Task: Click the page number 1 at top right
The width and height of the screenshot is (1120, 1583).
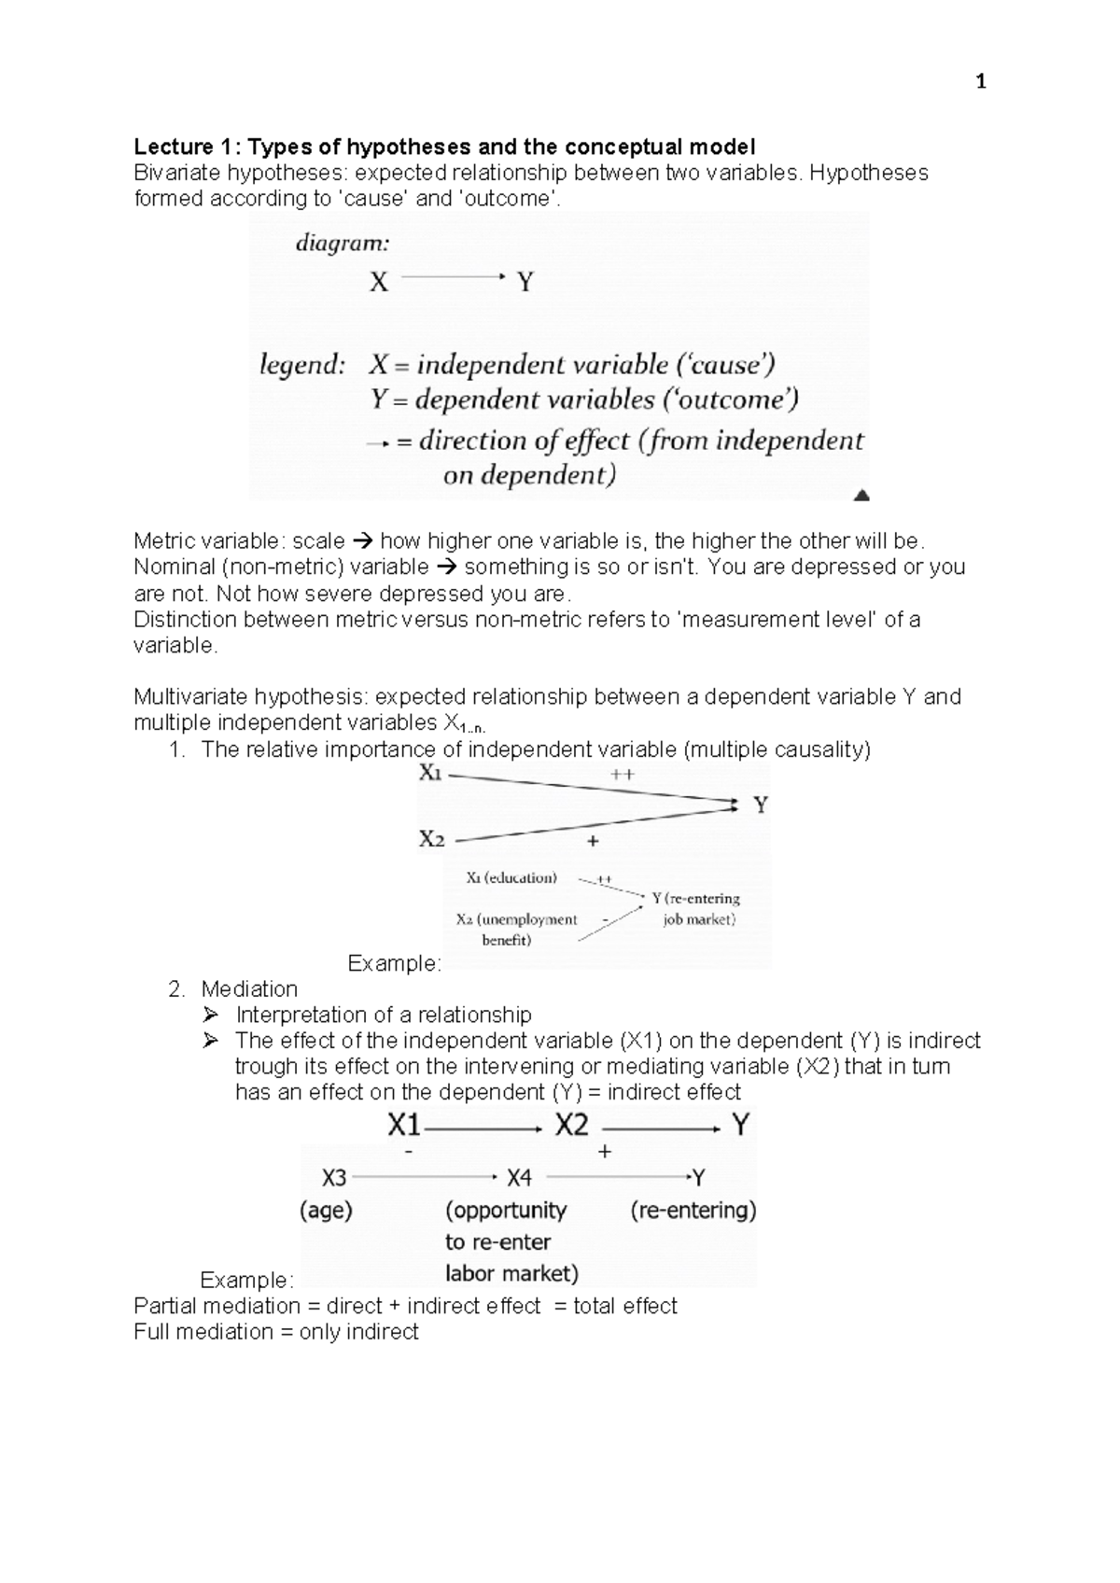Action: point(980,83)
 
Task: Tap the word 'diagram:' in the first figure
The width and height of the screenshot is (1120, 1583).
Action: point(343,244)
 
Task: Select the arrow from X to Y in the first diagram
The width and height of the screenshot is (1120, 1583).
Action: point(453,276)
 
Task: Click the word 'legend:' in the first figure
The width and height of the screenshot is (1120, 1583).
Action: point(301,365)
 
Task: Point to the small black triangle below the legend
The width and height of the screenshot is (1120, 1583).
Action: point(862,495)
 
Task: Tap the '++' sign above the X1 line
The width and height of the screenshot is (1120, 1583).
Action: point(622,774)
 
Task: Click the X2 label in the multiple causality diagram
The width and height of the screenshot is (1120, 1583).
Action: point(431,839)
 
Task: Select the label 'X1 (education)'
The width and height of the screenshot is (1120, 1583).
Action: point(511,877)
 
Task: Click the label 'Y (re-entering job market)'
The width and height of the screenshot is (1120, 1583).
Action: point(697,908)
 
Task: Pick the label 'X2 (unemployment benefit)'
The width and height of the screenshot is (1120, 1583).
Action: point(514,929)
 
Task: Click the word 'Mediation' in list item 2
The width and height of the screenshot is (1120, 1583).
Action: point(249,989)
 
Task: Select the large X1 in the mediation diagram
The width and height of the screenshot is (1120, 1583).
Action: point(404,1126)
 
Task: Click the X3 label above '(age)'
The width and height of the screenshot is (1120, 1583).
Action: point(333,1178)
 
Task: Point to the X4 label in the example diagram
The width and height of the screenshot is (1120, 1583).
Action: point(519,1178)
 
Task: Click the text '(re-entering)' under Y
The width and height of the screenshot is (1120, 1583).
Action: point(693,1211)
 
